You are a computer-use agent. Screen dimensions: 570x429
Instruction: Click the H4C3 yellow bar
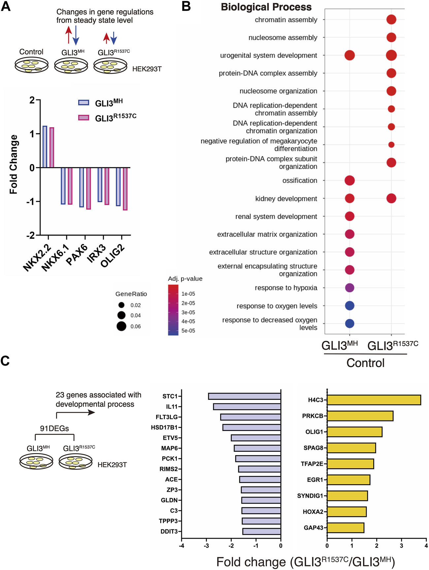point(374,400)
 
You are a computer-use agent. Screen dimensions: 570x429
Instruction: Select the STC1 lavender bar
point(245,396)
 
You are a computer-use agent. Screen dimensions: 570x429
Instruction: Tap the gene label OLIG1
point(314,432)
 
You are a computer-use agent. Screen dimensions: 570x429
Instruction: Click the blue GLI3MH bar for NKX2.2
point(45,147)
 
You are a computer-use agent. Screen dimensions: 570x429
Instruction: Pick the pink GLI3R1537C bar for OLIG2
point(125,189)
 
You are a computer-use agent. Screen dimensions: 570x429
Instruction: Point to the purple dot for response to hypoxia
point(349,288)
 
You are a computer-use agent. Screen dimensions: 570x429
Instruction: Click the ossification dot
point(349,180)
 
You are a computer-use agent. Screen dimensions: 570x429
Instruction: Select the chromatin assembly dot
point(391,19)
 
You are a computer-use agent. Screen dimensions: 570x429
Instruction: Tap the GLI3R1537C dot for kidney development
point(391,198)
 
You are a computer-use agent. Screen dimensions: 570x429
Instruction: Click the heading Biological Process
point(266,7)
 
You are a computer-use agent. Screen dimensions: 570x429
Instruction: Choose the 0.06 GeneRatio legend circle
point(121,326)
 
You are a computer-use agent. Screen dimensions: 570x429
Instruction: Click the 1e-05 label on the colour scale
point(188,294)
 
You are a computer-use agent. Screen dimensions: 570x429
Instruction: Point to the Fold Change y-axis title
point(14,164)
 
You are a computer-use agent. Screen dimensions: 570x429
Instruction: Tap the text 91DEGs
point(54,428)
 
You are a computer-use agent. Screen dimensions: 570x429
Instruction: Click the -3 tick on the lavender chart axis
point(206,546)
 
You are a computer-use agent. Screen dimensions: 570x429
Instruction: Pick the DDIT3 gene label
point(169,531)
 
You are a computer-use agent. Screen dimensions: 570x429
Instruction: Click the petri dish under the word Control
point(31,65)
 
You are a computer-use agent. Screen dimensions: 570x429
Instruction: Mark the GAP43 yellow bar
point(346,528)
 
